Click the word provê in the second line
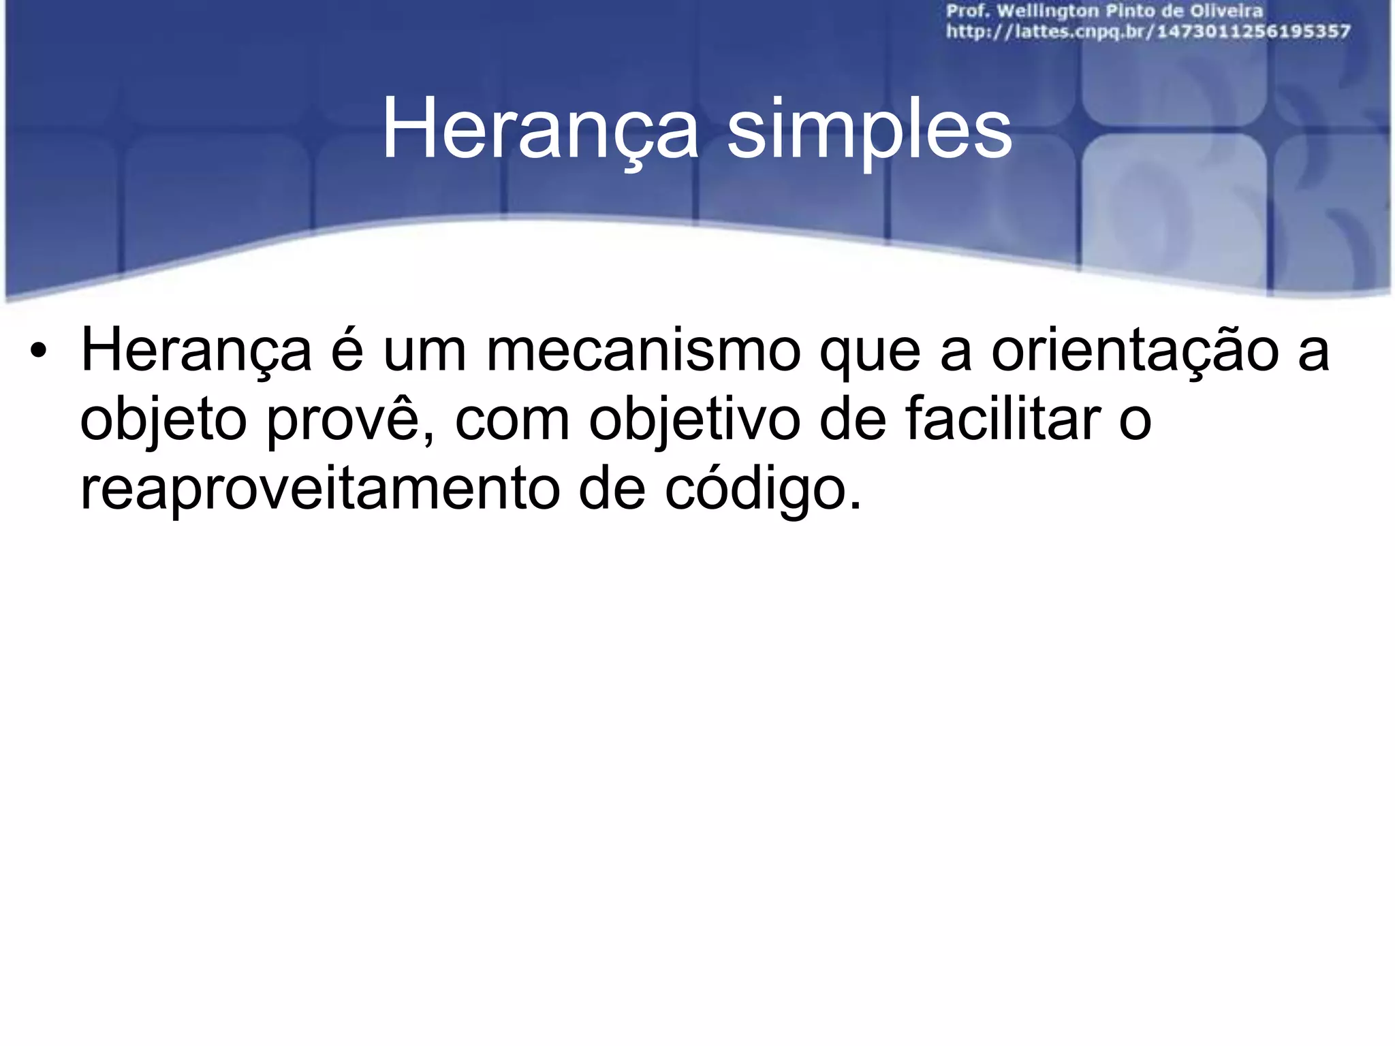[350, 421]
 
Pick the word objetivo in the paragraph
[695, 421]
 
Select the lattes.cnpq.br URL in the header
[1148, 31]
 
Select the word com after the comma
[512, 421]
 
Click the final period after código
[856, 505]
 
